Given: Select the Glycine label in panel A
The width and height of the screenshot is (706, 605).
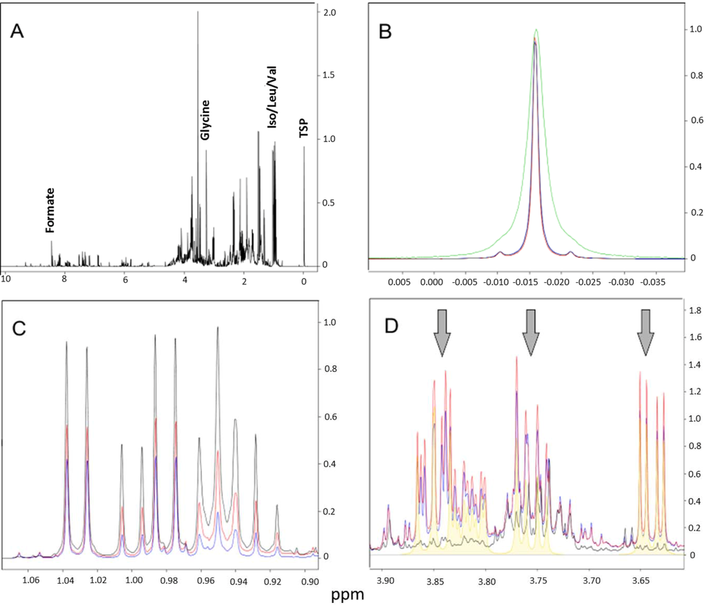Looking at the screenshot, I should (x=205, y=120).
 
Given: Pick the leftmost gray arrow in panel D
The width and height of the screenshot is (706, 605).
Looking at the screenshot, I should (x=441, y=333).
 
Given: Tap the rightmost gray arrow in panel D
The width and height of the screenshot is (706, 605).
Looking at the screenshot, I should (x=645, y=333).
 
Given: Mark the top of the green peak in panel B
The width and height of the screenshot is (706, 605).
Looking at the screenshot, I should (x=536, y=30).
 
